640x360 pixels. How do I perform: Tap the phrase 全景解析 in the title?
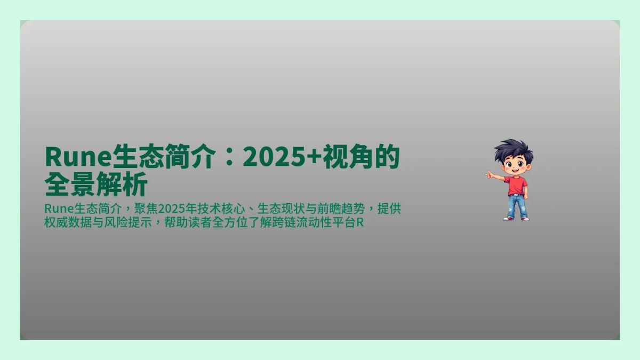96,186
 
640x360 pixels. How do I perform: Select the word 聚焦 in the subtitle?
148,209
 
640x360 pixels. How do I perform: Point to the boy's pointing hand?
489,174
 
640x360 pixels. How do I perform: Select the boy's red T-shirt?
516,185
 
